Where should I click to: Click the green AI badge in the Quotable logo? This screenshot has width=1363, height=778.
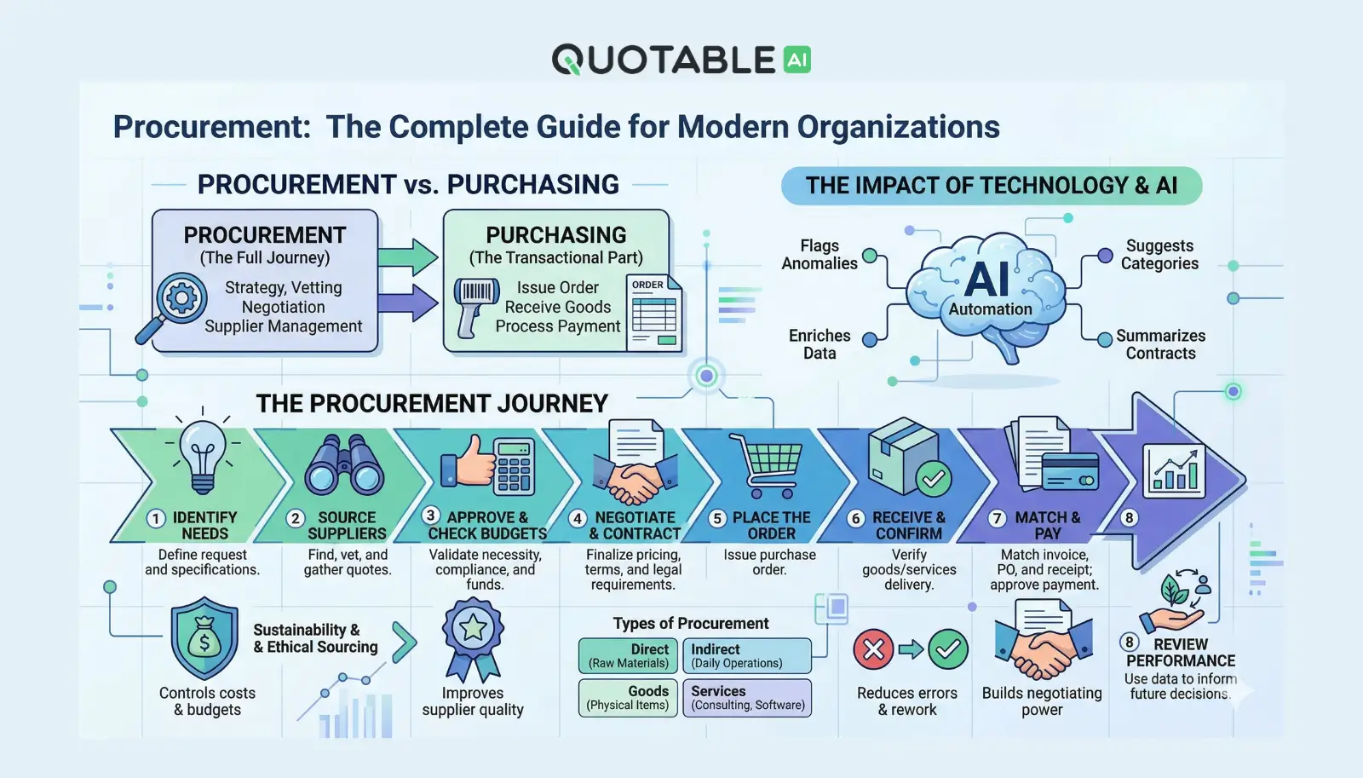pyautogui.click(x=797, y=60)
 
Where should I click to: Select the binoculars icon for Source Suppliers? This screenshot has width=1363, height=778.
pyautogui.click(x=345, y=465)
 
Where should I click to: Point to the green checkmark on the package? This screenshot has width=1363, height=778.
pyautogui.click(x=933, y=479)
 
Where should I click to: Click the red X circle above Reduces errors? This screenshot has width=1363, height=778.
pyautogui.click(x=873, y=650)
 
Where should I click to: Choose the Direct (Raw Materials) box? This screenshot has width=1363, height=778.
pyautogui.click(x=629, y=655)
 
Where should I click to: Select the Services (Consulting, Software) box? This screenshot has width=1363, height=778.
pyautogui.click(x=747, y=697)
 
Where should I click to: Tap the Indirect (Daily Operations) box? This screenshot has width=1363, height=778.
pyautogui.click(x=747, y=655)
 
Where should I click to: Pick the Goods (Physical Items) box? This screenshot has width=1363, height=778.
pyautogui.click(x=629, y=697)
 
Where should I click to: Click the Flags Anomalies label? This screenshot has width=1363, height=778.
pyautogui.click(x=820, y=255)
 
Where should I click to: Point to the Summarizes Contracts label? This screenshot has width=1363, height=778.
pyautogui.click(x=1160, y=344)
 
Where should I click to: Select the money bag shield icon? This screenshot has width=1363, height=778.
pyautogui.click(x=204, y=638)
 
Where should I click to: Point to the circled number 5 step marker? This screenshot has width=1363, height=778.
pyautogui.click(x=717, y=518)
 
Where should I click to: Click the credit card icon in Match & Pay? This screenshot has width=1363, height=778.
pyautogui.click(x=1069, y=470)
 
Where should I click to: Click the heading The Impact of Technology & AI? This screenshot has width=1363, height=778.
pyautogui.click(x=992, y=186)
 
